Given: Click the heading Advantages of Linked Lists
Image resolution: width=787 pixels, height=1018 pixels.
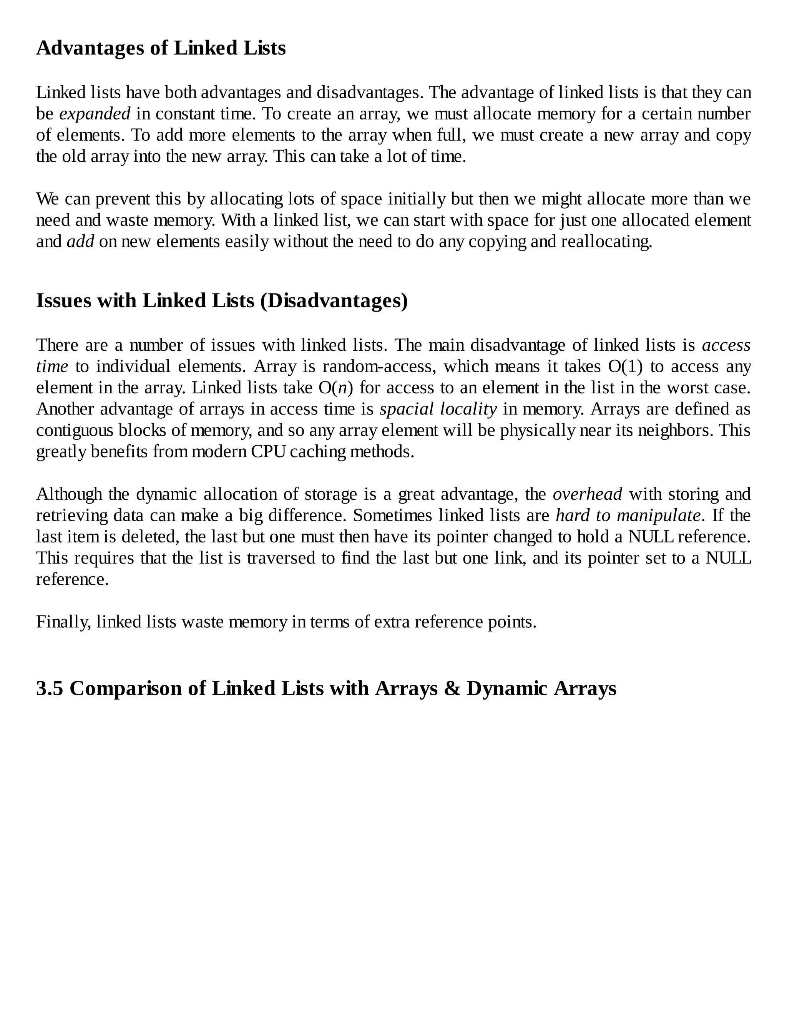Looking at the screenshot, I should coord(161,48).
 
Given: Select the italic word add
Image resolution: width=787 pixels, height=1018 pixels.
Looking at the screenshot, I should coord(80,242).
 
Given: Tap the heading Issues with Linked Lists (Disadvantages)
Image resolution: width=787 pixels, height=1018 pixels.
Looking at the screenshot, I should coord(222,301).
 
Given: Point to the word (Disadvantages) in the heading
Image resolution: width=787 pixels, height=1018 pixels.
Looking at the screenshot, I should coord(334,301).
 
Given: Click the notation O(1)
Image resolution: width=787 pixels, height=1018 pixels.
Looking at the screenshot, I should coord(625,366).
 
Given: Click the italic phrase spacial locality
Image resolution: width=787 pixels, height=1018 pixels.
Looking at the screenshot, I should coord(438,409).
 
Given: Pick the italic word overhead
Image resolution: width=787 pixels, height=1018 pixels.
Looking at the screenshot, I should coord(588,494).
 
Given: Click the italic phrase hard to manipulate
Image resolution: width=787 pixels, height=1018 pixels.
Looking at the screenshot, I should coord(628,516).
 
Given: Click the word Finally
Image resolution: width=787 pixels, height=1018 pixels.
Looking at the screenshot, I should coord(63,622).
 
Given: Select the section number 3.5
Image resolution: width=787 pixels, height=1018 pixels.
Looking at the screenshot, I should coord(50,689).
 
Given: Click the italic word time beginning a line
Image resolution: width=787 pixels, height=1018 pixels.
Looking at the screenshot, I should coord(52,366).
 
